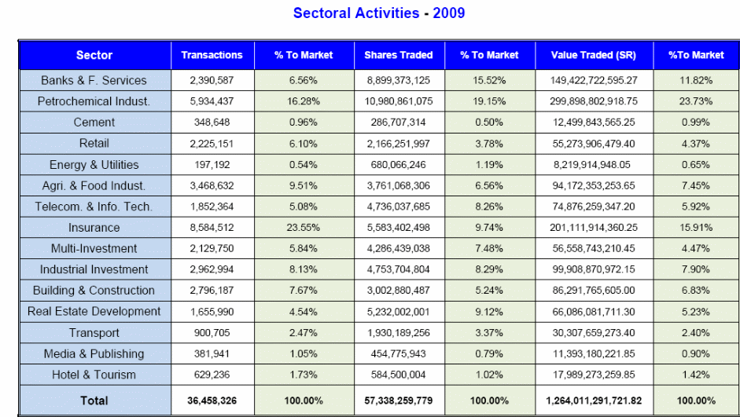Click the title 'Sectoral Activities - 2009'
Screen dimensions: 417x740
click(x=378, y=13)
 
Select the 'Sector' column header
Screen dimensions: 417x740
click(x=94, y=55)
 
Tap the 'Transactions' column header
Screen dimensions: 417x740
click(x=212, y=55)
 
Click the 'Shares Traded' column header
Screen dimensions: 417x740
click(x=398, y=55)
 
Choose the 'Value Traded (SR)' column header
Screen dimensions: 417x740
click(x=594, y=55)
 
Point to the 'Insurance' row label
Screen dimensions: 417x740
click(x=94, y=228)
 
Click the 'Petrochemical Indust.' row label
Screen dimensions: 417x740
click(x=94, y=101)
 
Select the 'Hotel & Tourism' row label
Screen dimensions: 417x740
click(x=94, y=375)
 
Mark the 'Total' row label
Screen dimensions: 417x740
click(x=94, y=401)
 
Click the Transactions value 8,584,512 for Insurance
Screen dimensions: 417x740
click(x=212, y=228)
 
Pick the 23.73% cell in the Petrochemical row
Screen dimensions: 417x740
click(x=695, y=101)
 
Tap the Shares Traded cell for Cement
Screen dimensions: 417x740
click(x=398, y=123)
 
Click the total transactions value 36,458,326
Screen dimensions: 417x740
click(x=212, y=401)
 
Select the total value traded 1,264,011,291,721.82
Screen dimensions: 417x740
click(x=594, y=401)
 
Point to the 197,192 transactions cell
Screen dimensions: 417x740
click(x=212, y=165)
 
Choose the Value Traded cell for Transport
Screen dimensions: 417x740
click(x=594, y=332)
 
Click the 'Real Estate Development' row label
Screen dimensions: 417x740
click(x=94, y=312)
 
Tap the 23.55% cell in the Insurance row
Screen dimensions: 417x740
click(x=303, y=228)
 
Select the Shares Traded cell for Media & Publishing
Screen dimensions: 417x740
click(x=398, y=353)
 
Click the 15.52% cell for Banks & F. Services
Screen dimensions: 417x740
click(x=489, y=80)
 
